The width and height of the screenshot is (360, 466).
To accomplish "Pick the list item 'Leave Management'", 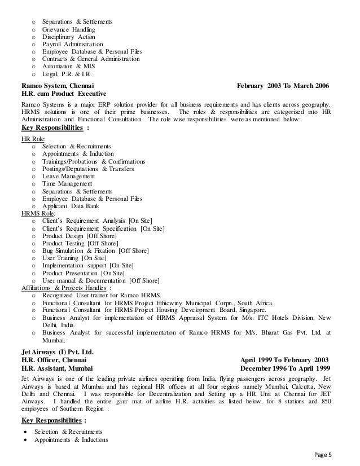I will pyautogui.click(x=69, y=176).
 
